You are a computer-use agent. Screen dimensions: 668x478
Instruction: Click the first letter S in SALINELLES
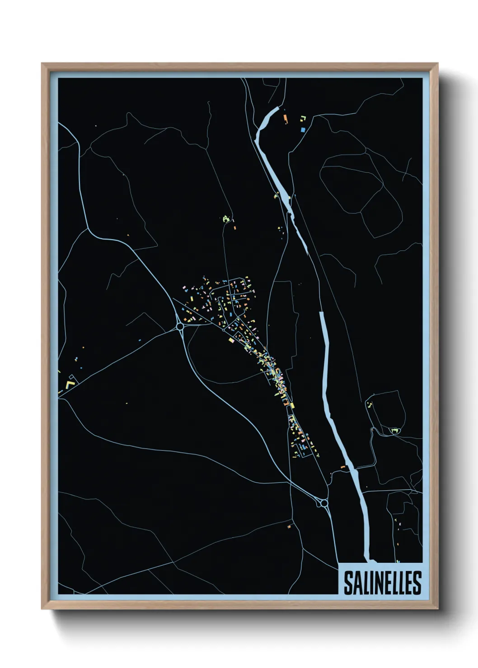pyautogui.click(x=348, y=583)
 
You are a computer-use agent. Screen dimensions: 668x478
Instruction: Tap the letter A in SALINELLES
pyautogui.click(x=356, y=583)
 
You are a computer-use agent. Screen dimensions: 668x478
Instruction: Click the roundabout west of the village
pyautogui.click(x=180, y=326)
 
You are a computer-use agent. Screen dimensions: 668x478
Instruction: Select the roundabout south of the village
pyautogui.click(x=323, y=503)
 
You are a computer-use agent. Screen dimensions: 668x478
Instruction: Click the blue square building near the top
pyautogui.click(x=303, y=130)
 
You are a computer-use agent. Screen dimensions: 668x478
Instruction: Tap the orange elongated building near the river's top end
pyautogui.click(x=285, y=119)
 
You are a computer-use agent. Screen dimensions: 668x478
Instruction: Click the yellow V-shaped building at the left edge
pyautogui.click(x=70, y=385)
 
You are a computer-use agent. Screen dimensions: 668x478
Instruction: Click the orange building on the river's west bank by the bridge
pyautogui.click(x=343, y=467)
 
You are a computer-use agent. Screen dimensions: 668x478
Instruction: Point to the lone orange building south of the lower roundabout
pyautogui.click(x=289, y=526)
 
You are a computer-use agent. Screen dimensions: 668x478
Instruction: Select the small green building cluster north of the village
pyautogui.click(x=226, y=219)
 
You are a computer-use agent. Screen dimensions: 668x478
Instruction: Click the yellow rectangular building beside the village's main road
pyautogui.click(x=231, y=340)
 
